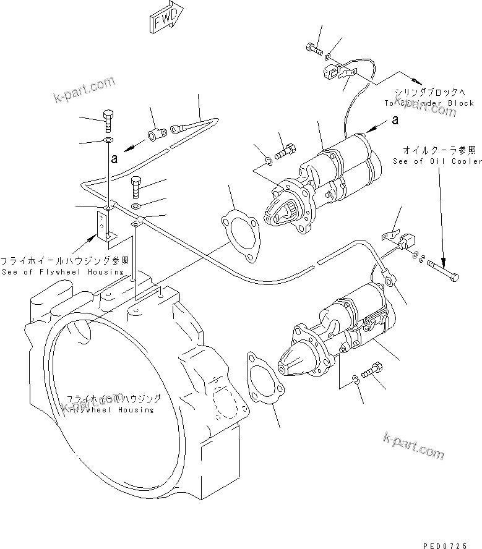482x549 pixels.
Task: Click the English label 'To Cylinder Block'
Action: click(x=429, y=103)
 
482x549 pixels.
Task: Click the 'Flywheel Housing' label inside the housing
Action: click(x=111, y=410)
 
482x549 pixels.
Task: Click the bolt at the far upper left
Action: click(x=108, y=118)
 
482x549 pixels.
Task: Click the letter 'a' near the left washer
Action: click(x=114, y=159)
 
